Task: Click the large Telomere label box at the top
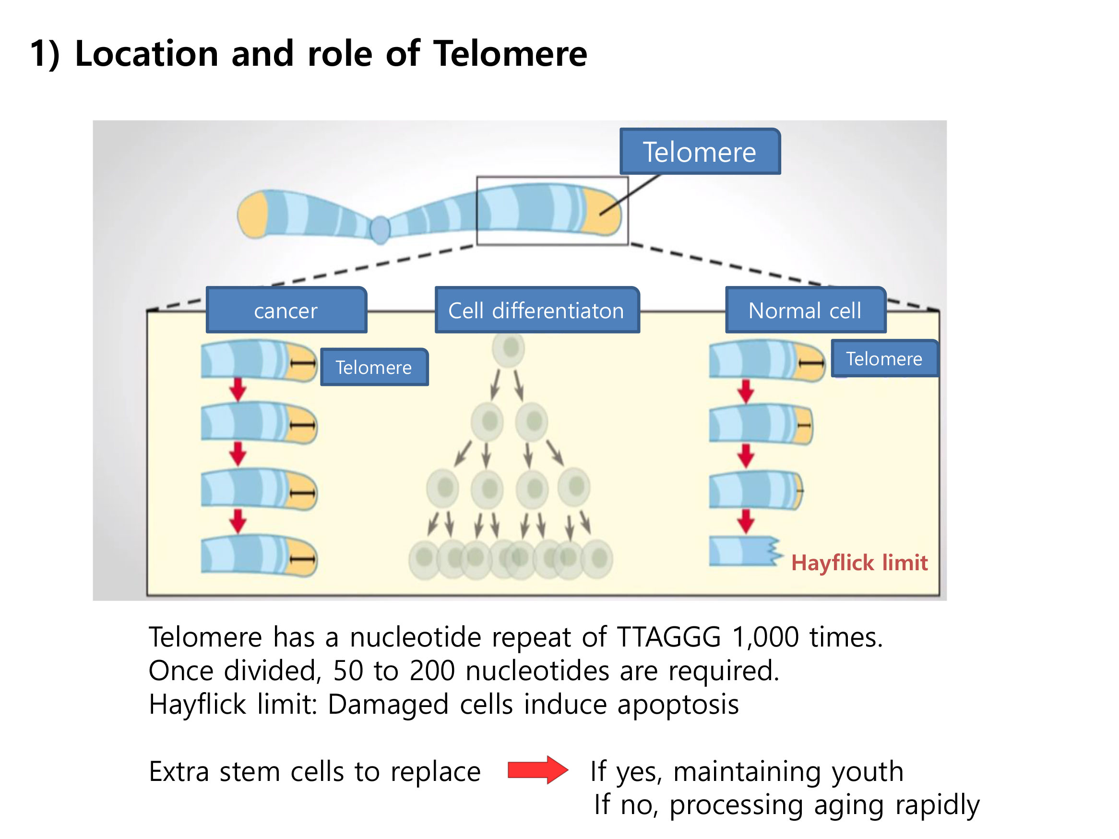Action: pos(700,151)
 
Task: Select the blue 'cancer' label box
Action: pos(286,310)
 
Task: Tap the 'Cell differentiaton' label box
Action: pos(537,310)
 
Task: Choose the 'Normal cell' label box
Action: pos(805,310)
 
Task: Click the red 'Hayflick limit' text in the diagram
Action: pos(859,563)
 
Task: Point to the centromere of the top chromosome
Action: pos(380,230)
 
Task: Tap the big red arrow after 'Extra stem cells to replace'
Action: pos(538,770)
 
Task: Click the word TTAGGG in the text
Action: pos(669,636)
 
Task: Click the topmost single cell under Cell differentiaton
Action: pos(509,348)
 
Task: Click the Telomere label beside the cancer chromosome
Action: pos(374,367)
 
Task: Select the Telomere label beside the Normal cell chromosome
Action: pos(885,358)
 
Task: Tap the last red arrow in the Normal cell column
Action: pos(746,522)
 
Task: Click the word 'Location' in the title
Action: pos(146,54)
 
